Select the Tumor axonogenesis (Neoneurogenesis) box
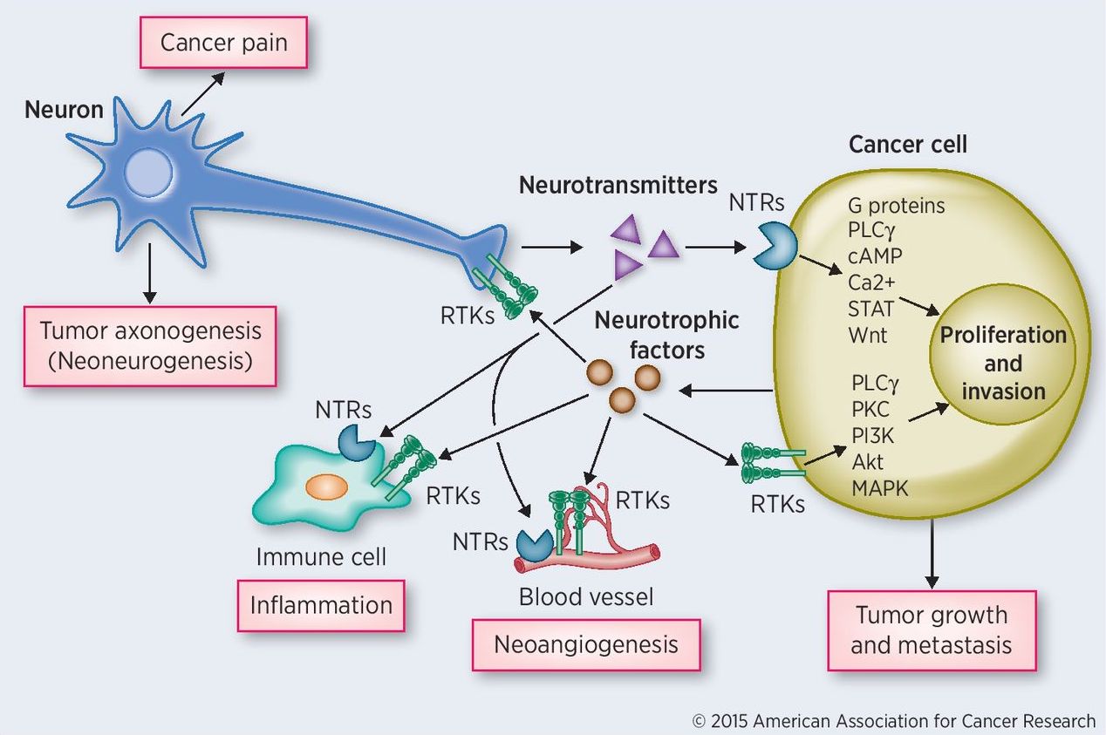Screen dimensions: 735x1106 coord(150,345)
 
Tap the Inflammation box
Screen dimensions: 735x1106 coord(321,604)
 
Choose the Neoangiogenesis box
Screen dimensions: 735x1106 coord(585,644)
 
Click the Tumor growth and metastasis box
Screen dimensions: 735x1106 coord(931,630)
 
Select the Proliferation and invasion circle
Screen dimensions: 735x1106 coord(1002,362)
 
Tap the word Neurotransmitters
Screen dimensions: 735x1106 coord(618,185)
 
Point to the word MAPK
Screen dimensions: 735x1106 coord(879,487)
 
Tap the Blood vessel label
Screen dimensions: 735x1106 coord(585,597)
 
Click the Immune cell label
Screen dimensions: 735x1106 coord(320,555)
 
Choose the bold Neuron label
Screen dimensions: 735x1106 coord(64,110)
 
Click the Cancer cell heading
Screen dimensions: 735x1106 coord(907,144)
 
